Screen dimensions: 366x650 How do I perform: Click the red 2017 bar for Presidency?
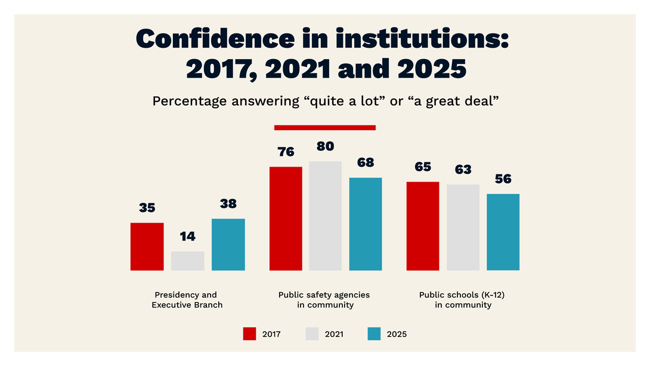(147, 247)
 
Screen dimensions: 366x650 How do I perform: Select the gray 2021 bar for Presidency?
(187, 261)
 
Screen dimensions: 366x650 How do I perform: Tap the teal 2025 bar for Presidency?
(228, 244)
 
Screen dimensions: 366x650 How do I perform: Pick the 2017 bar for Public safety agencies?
(286, 219)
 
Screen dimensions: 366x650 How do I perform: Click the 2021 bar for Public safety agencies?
(325, 216)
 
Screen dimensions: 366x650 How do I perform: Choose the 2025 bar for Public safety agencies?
(365, 224)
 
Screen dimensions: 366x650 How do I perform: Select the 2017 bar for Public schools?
(423, 226)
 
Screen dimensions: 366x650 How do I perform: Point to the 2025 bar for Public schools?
(503, 232)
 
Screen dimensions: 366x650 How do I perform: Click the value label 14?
(187, 236)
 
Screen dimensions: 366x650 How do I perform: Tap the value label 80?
(325, 146)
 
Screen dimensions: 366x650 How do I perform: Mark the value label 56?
(503, 179)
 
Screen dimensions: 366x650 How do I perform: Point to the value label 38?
(228, 204)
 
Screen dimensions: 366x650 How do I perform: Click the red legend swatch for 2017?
(249, 334)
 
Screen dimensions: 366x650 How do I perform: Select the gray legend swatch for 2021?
(312, 334)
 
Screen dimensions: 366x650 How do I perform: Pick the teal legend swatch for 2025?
(373, 334)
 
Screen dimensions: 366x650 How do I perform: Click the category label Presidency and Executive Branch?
(187, 300)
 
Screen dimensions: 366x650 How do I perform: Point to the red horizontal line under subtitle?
(324, 127)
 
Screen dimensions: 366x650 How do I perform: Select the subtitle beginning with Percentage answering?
(325, 101)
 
